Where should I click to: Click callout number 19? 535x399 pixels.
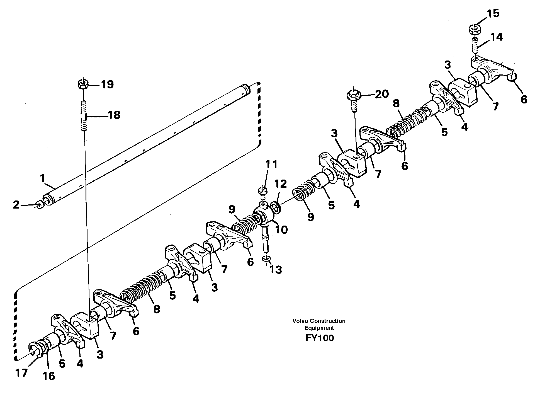[107, 84]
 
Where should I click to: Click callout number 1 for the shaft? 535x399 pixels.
[42, 178]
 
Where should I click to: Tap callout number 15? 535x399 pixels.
[493, 13]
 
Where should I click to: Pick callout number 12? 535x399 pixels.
[281, 184]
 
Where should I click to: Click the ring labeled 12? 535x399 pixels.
[276, 207]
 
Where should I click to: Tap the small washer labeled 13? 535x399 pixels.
[266, 259]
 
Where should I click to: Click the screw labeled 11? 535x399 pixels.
[263, 191]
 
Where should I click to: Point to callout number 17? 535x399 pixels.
[22, 373]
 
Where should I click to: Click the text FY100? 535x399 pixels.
[320, 338]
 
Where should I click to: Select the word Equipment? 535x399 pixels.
[319, 328]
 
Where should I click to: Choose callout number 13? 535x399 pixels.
[276, 270]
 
